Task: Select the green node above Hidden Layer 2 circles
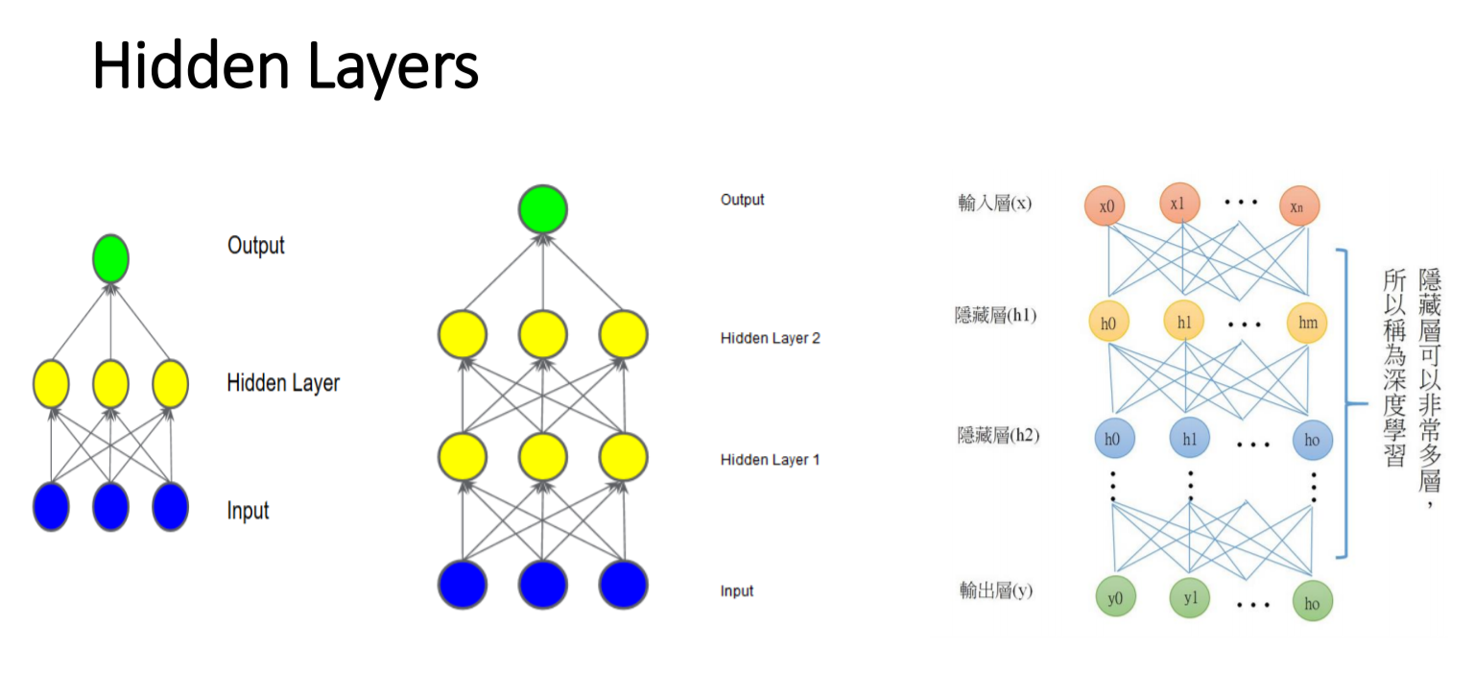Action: (543, 209)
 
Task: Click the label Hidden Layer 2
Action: (770, 338)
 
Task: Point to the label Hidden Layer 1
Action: (770, 460)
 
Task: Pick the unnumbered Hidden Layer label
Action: (283, 383)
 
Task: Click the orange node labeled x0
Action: (1105, 206)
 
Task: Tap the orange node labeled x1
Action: (1179, 204)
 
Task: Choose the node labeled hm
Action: (1307, 323)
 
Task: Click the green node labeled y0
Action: (1115, 598)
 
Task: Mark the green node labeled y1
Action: (1190, 598)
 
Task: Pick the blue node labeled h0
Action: (1113, 439)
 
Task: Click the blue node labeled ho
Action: (1312, 440)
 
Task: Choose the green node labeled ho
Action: (1312, 602)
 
